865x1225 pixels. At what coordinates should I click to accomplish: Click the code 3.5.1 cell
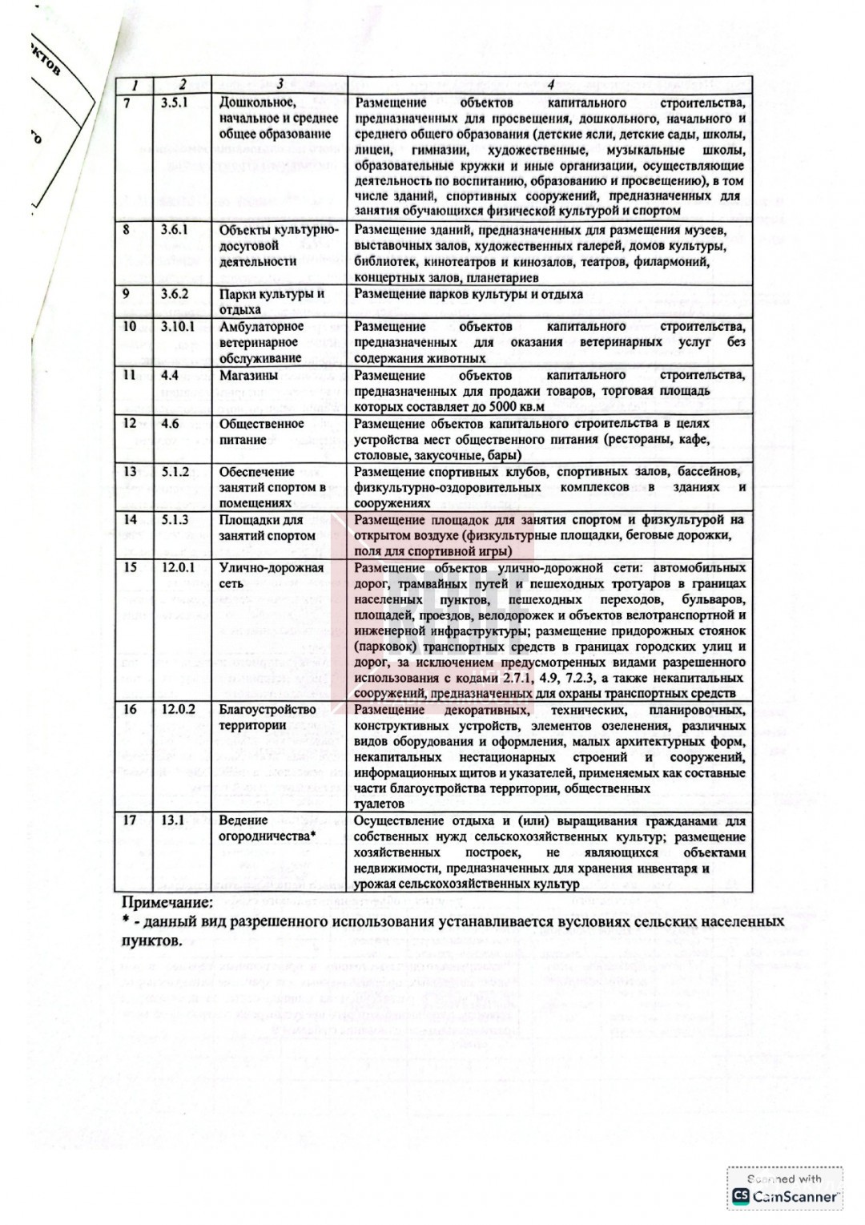click(x=174, y=103)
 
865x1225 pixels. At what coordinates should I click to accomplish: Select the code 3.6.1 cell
click(x=174, y=230)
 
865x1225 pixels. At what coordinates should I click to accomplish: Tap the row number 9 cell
click(x=127, y=294)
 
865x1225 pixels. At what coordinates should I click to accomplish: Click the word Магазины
click(x=248, y=375)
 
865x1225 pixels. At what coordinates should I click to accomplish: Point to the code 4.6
click(x=170, y=423)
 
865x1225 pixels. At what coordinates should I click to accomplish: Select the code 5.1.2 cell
click(x=174, y=471)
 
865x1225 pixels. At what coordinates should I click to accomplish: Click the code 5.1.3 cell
click(x=174, y=519)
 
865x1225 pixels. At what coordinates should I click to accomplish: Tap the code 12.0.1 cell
click(x=177, y=567)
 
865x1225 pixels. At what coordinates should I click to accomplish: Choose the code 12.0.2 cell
click(x=177, y=709)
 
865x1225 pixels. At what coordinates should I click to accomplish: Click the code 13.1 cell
click(x=172, y=820)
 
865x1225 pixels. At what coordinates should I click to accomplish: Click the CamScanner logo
click(x=785, y=1196)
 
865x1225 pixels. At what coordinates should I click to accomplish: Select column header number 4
click(x=549, y=84)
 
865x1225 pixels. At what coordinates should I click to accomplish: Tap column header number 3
click(x=280, y=84)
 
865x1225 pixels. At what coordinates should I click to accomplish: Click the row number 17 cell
click(x=129, y=820)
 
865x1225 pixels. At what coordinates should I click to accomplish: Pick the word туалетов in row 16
click(x=379, y=804)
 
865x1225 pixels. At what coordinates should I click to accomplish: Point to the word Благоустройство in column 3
click(x=268, y=709)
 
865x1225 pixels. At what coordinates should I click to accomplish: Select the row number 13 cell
click(x=129, y=471)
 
